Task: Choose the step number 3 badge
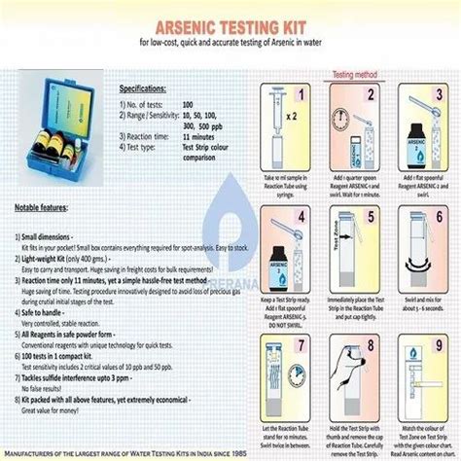click(438, 95)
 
